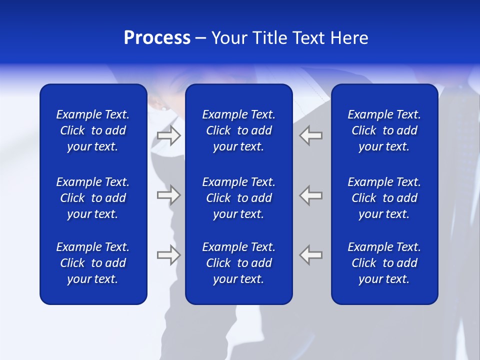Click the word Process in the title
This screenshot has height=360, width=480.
click(x=157, y=38)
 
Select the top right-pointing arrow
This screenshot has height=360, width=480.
click(x=168, y=135)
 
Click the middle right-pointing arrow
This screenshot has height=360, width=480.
click(x=168, y=195)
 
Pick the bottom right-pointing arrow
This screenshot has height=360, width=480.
click(x=168, y=254)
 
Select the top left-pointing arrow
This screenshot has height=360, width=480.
click(x=311, y=135)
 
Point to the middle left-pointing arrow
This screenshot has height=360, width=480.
click(x=311, y=195)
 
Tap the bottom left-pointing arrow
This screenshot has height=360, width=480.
click(x=311, y=254)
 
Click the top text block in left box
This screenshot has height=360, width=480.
click(x=93, y=130)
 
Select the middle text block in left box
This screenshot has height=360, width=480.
click(x=93, y=198)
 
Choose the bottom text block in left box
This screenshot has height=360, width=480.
click(x=93, y=263)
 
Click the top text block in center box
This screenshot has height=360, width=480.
click(x=238, y=130)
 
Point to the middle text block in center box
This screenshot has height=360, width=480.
click(x=238, y=198)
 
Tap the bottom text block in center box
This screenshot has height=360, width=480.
click(x=238, y=263)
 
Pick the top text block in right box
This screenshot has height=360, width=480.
click(x=384, y=130)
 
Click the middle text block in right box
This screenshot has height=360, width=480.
click(x=384, y=198)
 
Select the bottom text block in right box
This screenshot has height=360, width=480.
click(x=384, y=263)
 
